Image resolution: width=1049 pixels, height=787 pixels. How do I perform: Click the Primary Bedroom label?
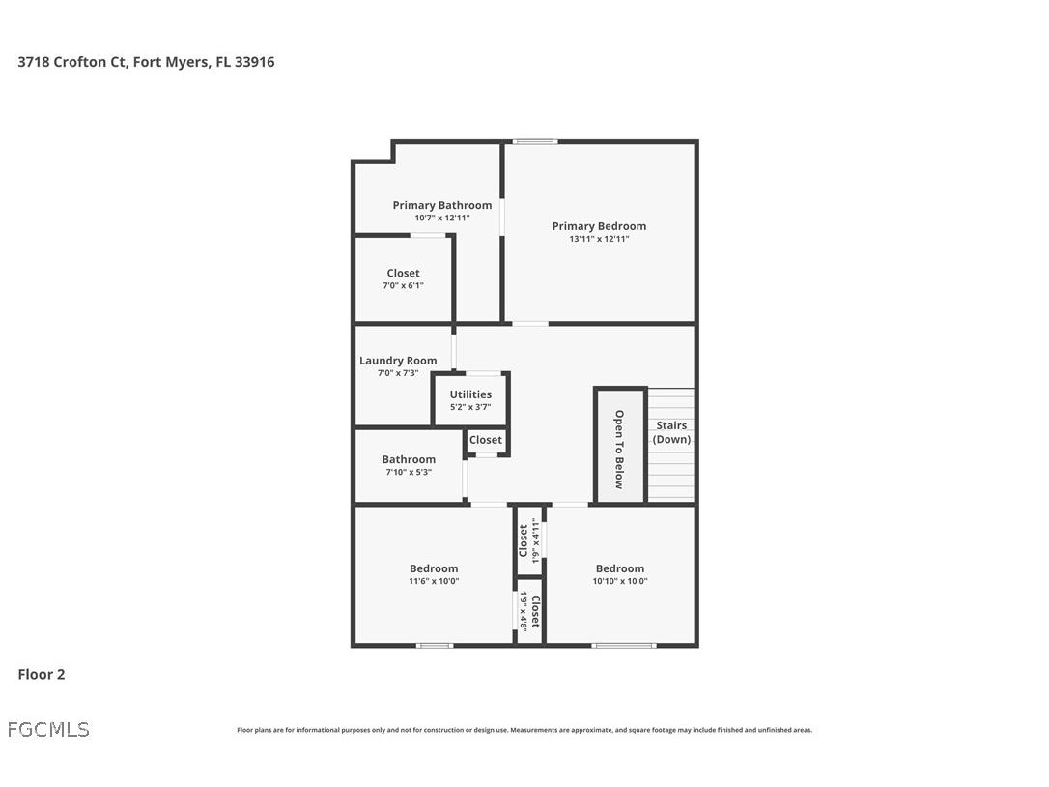tap(599, 226)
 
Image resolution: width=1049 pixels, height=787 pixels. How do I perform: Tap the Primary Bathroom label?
tap(441, 205)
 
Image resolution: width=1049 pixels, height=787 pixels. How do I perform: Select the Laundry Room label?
tap(398, 361)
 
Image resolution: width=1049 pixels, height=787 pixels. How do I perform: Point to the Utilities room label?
tap(470, 394)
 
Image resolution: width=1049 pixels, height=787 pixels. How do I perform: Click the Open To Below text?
tap(619, 450)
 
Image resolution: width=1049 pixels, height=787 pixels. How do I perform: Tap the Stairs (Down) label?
tap(671, 432)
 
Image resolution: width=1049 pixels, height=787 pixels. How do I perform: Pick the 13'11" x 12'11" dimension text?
tap(599, 239)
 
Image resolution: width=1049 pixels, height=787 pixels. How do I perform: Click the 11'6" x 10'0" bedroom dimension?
tap(434, 581)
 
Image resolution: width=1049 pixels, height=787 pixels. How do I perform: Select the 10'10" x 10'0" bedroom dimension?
tap(620, 581)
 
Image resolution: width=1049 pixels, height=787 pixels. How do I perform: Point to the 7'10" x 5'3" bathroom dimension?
tap(409, 472)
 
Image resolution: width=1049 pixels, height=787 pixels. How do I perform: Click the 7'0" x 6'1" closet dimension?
tap(403, 285)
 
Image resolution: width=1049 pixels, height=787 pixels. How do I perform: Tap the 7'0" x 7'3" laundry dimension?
tap(398, 373)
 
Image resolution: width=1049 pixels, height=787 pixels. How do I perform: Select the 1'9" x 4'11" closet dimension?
tap(535, 540)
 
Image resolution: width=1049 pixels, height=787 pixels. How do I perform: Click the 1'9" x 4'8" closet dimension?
tap(524, 611)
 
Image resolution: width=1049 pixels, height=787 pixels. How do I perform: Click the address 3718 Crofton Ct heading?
tap(146, 62)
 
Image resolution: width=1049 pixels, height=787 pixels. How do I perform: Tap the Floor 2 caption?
tap(42, 675)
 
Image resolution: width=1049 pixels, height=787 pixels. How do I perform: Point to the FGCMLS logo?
tap(48, 730)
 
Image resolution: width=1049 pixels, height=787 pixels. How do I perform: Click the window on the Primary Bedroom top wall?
tap(534, 142)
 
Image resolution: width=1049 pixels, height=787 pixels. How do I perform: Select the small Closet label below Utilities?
tap(486, 440)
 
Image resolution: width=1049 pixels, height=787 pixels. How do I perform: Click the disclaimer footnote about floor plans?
tap(524, 730)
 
